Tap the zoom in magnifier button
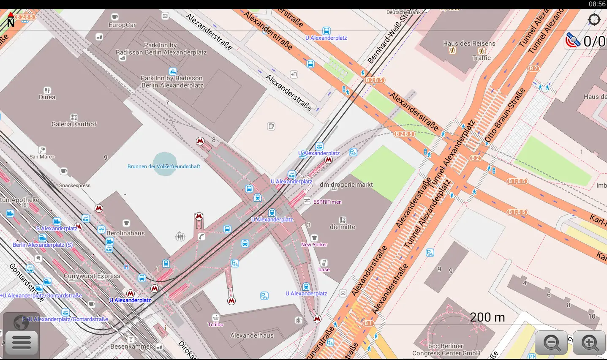[x=590, y=342]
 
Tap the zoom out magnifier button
[x=552, y=342]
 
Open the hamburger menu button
[x=22, y=342]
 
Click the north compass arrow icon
[x=11, y=20]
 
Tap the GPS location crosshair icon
[x=594, y=19]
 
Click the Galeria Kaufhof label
[x=74, y=124]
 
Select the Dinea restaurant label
[x=47, y=97]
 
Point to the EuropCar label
[x=122, y=25]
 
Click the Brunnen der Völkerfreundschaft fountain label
[x=164, y=166]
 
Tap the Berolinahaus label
[x=125, y=233]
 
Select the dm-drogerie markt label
[x=346, y=185]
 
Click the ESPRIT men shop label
[x=327, y=202]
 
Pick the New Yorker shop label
[x=314, y=245]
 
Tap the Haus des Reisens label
[x=469, y=44]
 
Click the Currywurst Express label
[x=92, y=276]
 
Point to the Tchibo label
[x=215, y=325]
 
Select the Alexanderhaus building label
[x=252, y=335]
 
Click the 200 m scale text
[x=487, y=317]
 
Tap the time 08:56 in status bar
[x=597, y=4]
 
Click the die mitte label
[x=342, y=227]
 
